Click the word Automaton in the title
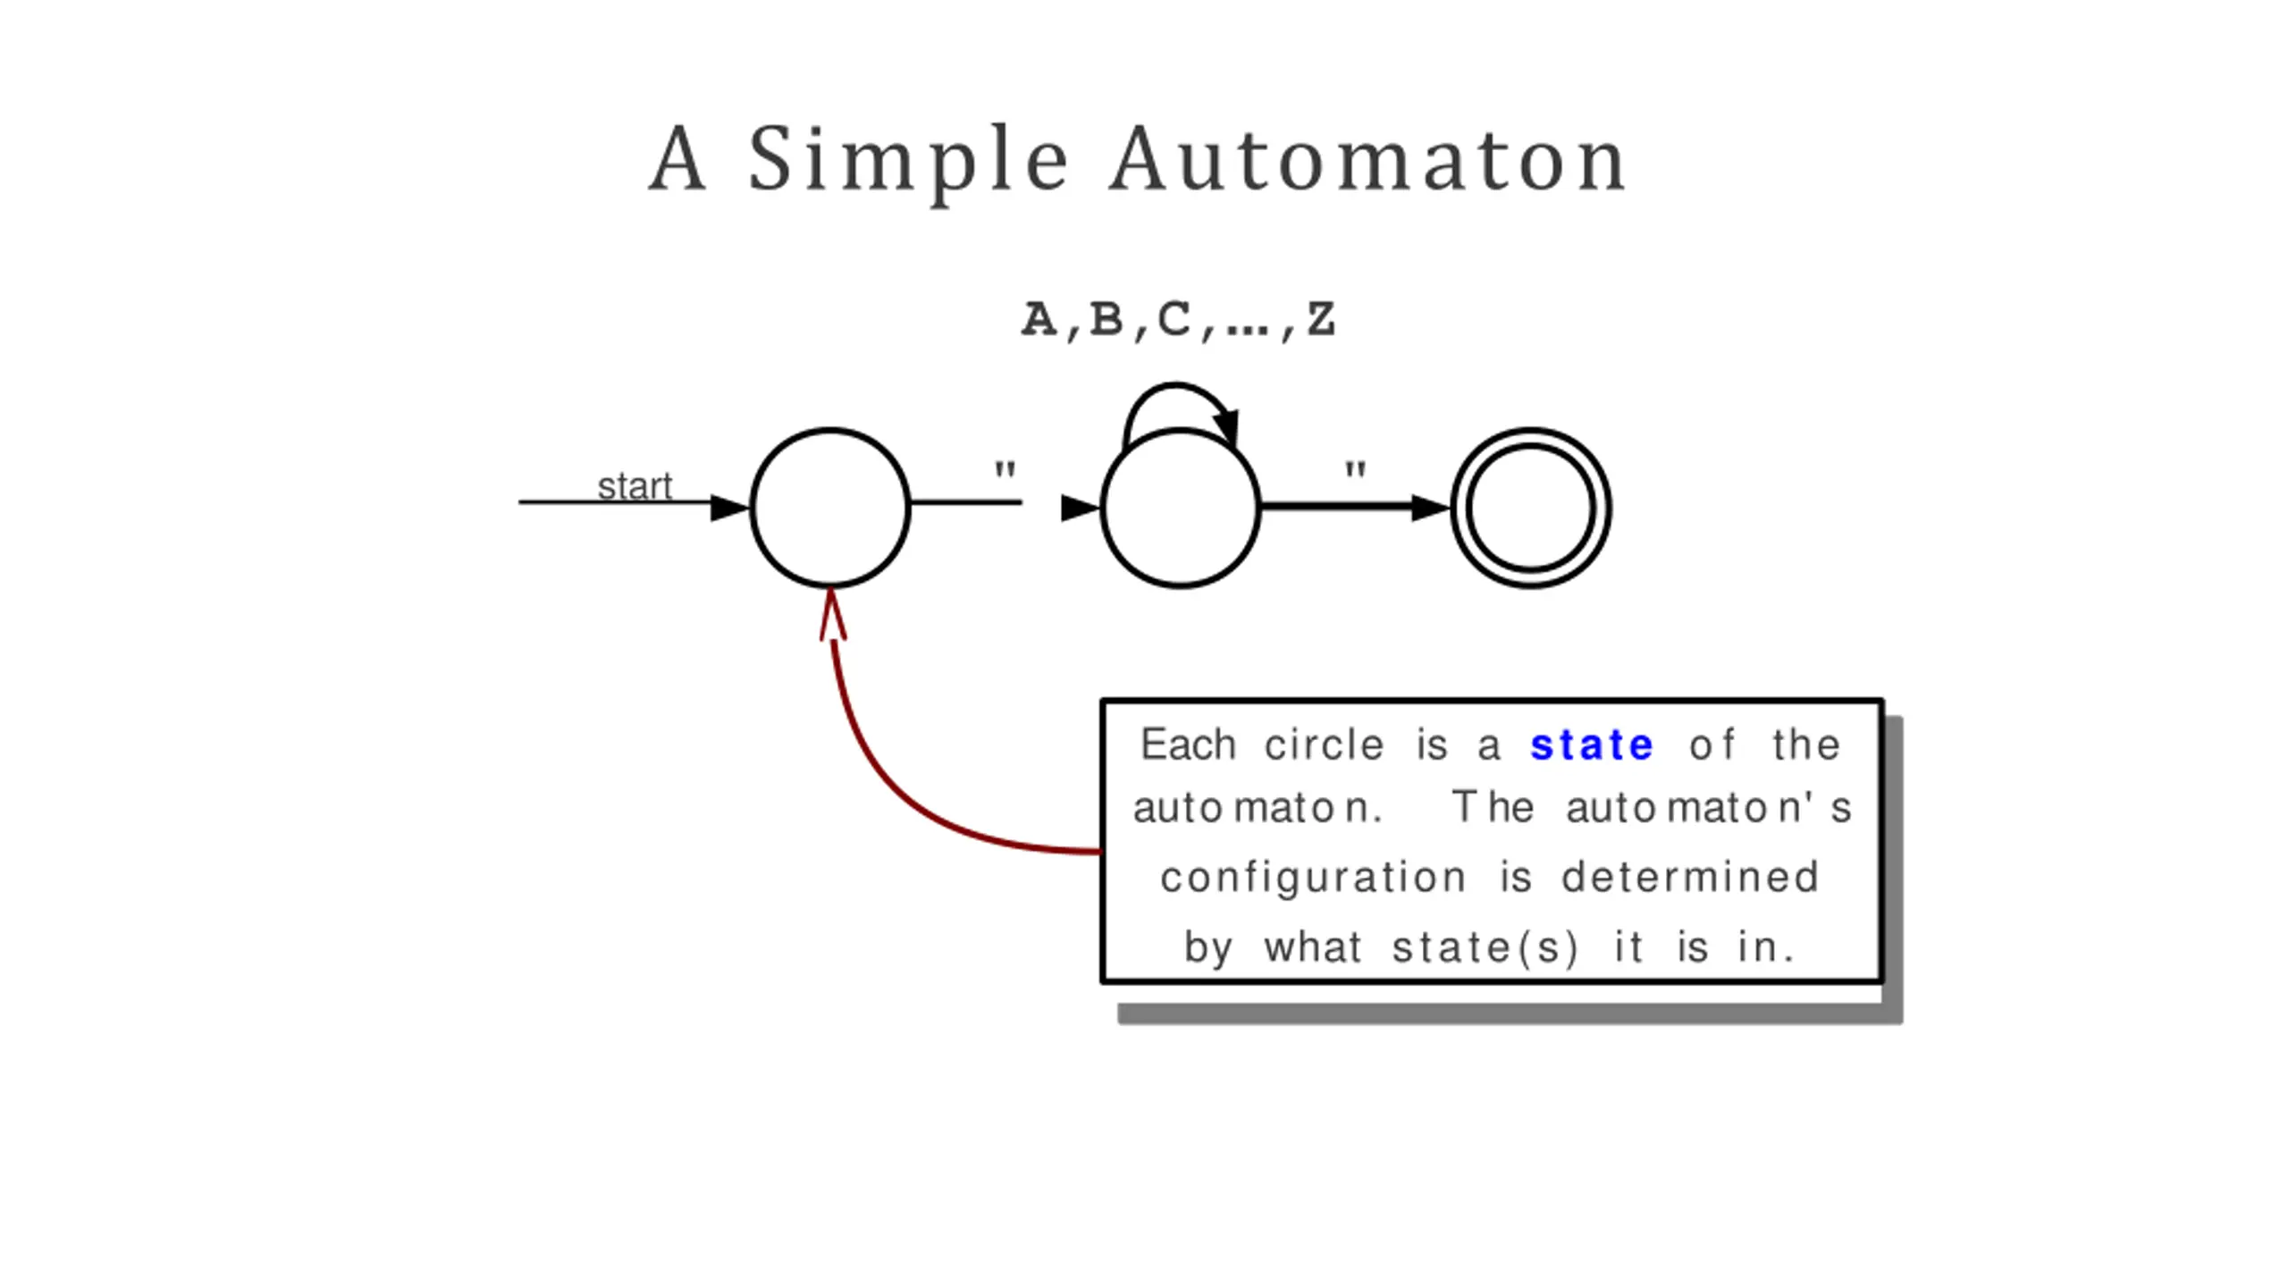1367,159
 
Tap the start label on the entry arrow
635,486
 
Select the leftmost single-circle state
830,508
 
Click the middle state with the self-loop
1181,508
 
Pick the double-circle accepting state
1531,508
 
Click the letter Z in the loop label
1321,319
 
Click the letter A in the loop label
1039,319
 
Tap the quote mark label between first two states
1005,470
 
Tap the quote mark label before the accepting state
1356,470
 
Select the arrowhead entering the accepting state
1431,508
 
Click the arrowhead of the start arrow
730,508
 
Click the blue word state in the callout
1592,745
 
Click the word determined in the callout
1690,877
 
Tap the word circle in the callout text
1325,744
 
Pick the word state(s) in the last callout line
1485,947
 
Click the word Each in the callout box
1189,744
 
